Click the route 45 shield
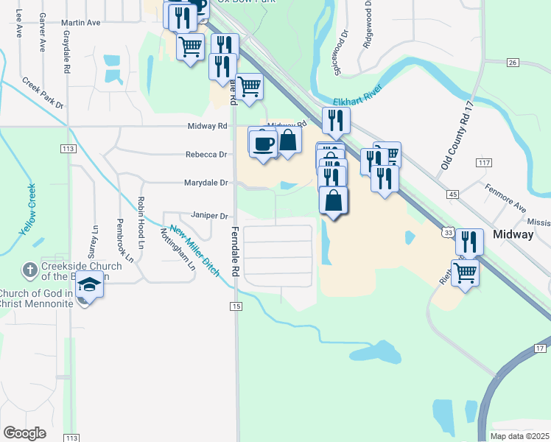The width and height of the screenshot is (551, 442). [x=452, y=194]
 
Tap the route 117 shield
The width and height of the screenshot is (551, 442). [x=484, y=162]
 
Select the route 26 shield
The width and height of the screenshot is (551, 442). [x=513, y=63]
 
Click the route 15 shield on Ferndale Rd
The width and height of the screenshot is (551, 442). [x=236, y=306]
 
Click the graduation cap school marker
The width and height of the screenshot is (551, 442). [x=89, y=284]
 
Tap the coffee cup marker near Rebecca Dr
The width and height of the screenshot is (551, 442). [x=262, y=142]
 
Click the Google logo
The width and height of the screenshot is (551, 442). [x=25, y=433]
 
